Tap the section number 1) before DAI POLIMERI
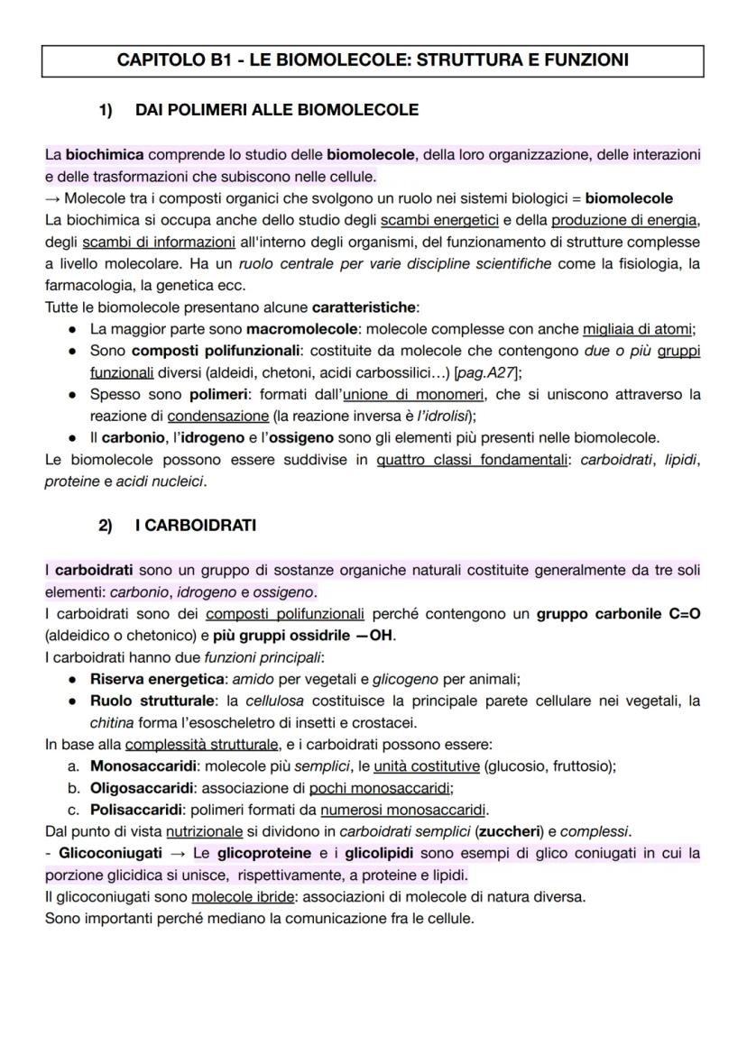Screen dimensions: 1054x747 (x=106, y=110)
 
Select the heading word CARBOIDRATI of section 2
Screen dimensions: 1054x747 (x=196, y=525)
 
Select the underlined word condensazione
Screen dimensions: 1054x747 (x=218, y=416)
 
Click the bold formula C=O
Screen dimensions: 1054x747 (x=685, y=613)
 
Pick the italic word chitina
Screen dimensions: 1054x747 (x=110, y=722)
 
